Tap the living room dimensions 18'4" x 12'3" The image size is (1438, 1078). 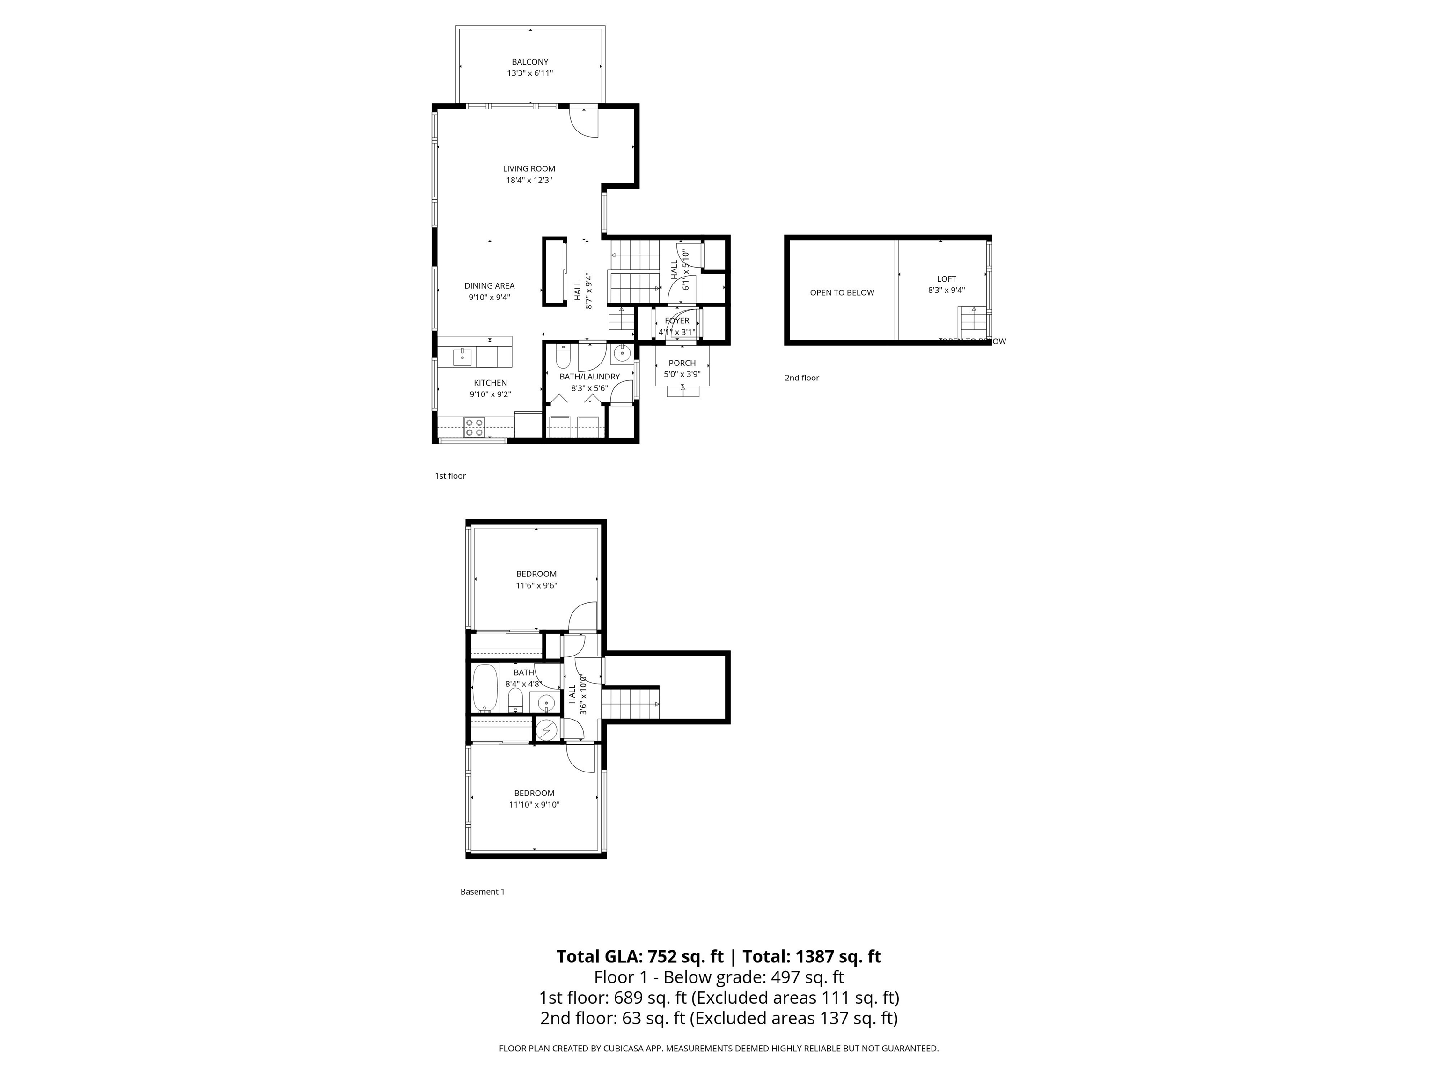[x=529, y=181]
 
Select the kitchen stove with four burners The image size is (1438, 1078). [x=473, y=427]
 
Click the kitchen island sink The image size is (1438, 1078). [x=462, y=356]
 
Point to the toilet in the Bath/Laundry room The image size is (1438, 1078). [x=563, y=357]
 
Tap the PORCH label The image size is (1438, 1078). [x=682, y=363]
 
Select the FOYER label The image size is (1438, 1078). [x=677, y=321]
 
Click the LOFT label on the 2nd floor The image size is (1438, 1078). [x=946, y=279]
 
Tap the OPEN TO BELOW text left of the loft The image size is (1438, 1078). [x=842, y=293]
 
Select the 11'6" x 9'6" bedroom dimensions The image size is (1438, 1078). [x=536, y=585]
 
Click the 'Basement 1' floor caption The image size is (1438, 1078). [x=482, y=891]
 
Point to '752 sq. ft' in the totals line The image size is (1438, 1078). [x=684, y=956]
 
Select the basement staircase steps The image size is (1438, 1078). [x=629, y=704]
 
